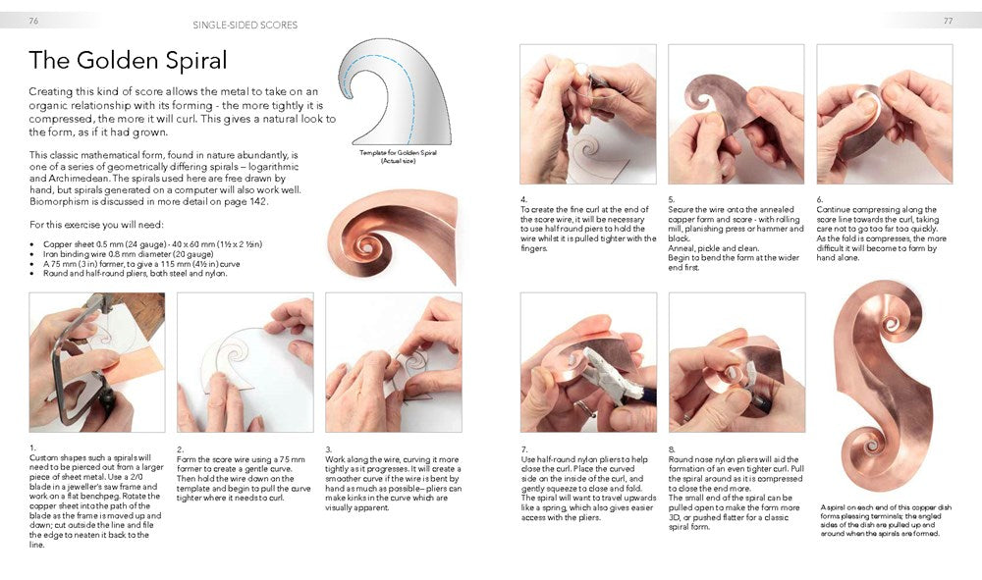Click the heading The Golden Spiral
pyautogui.click(x=128, y=61)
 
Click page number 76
pyautogui.click(x=34, y=20)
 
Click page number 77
pyautogui.click(x=948, y=20)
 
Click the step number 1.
pyautogui.click(x=32, y=447)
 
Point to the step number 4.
pyautogui.click(x=523, y=198)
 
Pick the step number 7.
pyautogui.click(x=523, y=448)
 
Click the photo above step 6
pyautogui.click(x=884, y=114)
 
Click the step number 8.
pyautogui.click(x=672, y=448)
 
